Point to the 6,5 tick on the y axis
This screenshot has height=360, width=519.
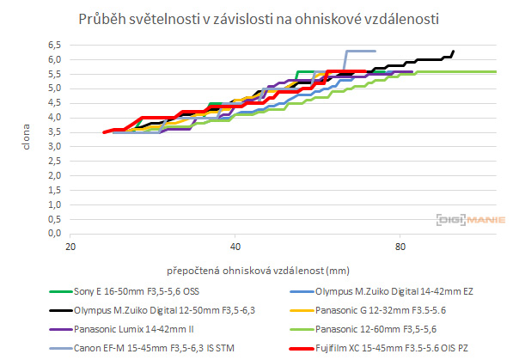point(54,44)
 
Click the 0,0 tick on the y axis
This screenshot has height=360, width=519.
point(54,233)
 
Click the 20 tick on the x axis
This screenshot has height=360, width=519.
point(70,246)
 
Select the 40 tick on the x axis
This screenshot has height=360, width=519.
point(235,246)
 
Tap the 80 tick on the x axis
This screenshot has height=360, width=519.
point(399,246)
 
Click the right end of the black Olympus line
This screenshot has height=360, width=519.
point(453,51)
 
